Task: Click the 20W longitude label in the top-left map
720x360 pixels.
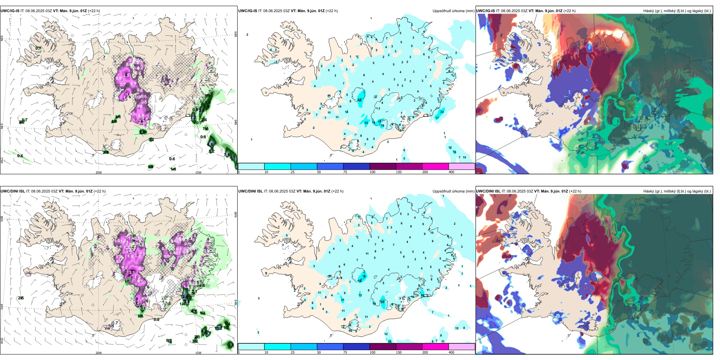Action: (99, 172)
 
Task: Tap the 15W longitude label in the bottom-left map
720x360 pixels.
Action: (198, 353)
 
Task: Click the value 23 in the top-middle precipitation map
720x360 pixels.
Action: (442, 112)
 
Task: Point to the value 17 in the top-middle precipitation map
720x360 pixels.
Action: (437, 118)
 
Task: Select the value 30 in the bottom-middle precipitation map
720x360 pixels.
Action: (423, 295)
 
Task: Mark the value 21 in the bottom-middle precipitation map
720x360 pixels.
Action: (343, 300)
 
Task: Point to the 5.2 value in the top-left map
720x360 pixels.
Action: (211, 151)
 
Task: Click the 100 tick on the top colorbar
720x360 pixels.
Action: (372, 172)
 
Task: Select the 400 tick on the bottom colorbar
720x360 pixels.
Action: (451, 352)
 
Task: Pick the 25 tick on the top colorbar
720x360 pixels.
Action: (293, 172)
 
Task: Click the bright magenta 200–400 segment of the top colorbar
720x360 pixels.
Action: (435, 166)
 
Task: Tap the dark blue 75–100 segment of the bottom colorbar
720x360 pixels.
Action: (356, 347)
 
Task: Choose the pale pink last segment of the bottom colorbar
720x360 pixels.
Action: (462, 347)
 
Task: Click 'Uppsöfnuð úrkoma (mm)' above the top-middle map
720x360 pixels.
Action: (453, 11)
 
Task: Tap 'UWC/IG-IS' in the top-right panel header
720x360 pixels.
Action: (485, 11)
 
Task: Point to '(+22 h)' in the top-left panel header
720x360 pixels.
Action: (94, 11)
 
